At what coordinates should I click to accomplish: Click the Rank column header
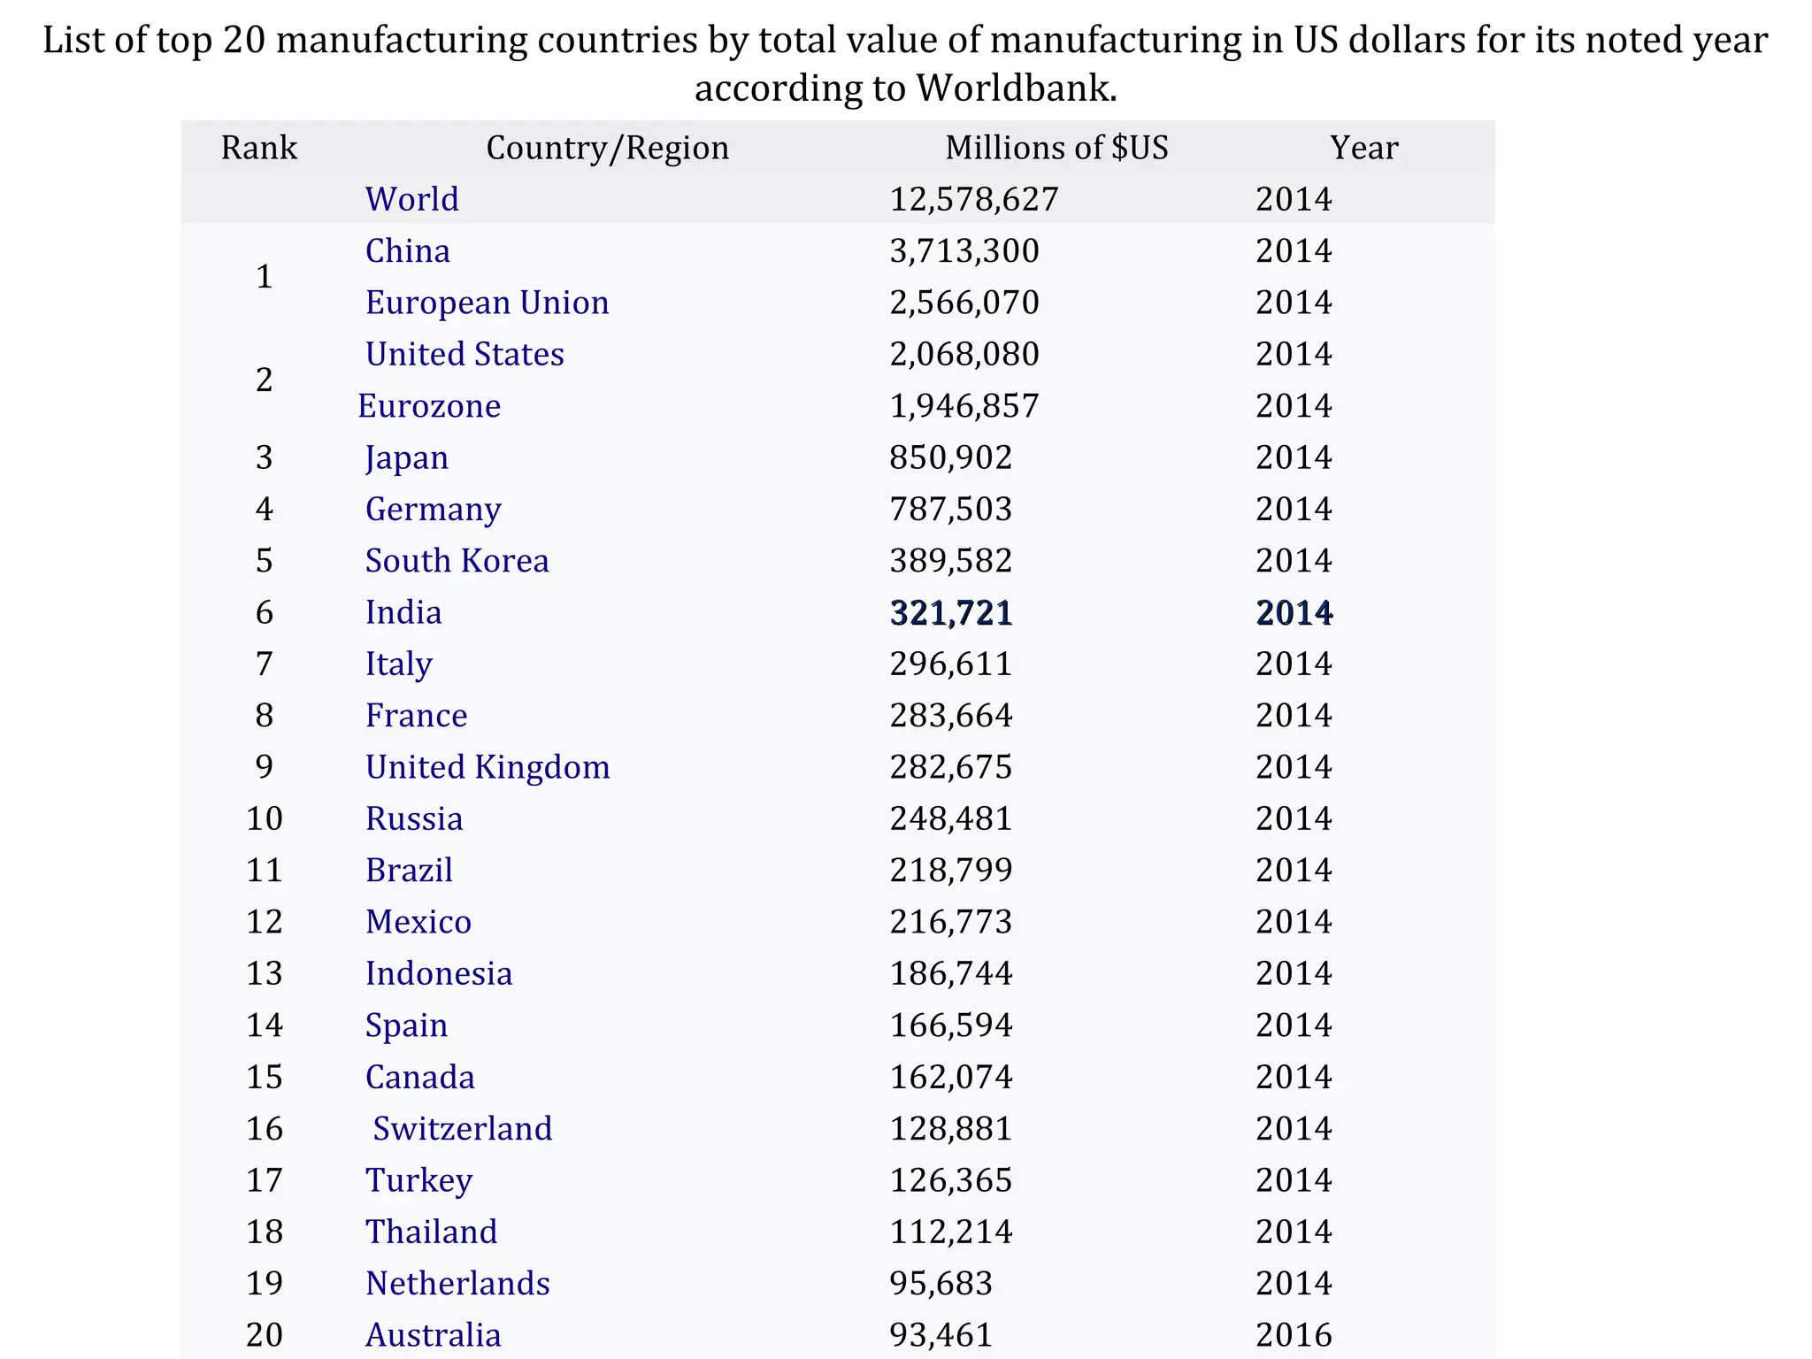258,148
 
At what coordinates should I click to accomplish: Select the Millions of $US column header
1056,148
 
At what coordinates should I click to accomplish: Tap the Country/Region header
608,148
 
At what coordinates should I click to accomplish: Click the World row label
412,199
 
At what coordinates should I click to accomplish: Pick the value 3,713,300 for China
964,251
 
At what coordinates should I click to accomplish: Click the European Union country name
487,303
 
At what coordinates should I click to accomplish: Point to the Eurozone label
429,406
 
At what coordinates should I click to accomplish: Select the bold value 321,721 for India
951,613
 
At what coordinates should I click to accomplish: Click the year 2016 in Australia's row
1294,1335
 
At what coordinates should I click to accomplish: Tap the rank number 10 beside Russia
264,819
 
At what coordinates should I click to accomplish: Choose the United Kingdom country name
488,767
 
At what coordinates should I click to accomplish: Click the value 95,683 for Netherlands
941,1284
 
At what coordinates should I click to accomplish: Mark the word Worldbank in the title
1015,88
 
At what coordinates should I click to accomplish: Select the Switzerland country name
463,1129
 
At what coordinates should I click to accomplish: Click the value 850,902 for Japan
951,457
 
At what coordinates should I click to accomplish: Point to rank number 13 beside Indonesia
264,974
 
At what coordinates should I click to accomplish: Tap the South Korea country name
457,561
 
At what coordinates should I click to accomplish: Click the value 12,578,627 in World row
973,199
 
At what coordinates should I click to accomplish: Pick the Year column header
1363,148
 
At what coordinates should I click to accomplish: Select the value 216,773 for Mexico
951,922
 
